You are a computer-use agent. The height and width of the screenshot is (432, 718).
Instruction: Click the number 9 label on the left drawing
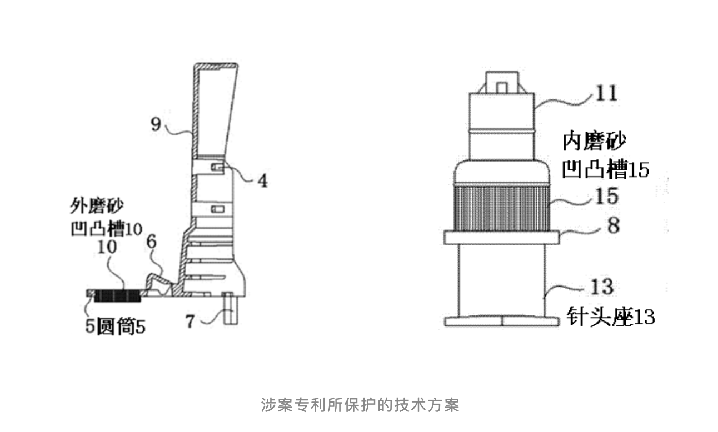pyautogui.click(x=156, y=123)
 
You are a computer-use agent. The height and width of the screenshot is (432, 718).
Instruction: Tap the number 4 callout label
pyautogui.click(x=261, y=181)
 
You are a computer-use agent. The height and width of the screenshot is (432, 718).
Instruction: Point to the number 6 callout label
pyautogui.click(x=152, y=243)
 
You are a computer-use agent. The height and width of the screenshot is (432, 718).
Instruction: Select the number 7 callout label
pyautogui.click(x=190, y=321)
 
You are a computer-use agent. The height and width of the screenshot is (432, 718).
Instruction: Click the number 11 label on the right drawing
pyautogui.click(x=605, y=93)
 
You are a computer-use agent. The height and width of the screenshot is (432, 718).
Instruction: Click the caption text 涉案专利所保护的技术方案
pyautogui.click(x=360, y=405)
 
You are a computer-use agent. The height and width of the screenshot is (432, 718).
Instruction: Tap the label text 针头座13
pyautogui.click(x=610, y=318)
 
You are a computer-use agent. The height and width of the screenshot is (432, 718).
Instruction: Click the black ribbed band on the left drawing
pyautogui.click(x=117, y=296)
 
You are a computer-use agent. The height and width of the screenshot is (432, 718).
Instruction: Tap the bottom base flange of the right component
pyautogui.click(x=501, y=321)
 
